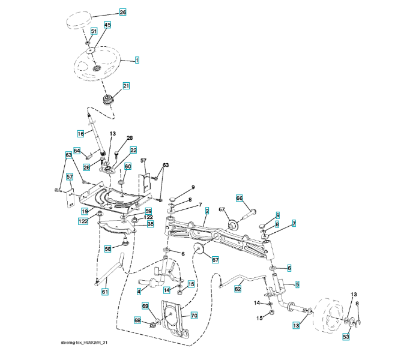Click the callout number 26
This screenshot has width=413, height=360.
point(122,12)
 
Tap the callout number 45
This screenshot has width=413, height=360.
point(107,25)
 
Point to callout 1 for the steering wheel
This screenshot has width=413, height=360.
point(137,60)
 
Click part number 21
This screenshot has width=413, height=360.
point(126,86)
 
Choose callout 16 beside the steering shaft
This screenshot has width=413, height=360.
point(80,133)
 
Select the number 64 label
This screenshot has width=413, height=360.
point(77,151)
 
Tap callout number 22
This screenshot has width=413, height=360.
point(133,150)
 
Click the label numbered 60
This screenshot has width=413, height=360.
point(127,166)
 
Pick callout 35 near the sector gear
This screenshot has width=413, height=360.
point(150,224)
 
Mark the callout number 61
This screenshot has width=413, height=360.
point(105,292)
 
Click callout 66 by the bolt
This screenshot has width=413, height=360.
point(239,198)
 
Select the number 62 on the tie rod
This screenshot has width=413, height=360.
point(238,289)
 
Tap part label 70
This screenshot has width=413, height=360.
point(194,314)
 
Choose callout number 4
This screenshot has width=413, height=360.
point(139,292)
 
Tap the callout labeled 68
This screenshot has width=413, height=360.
point(137,322)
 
